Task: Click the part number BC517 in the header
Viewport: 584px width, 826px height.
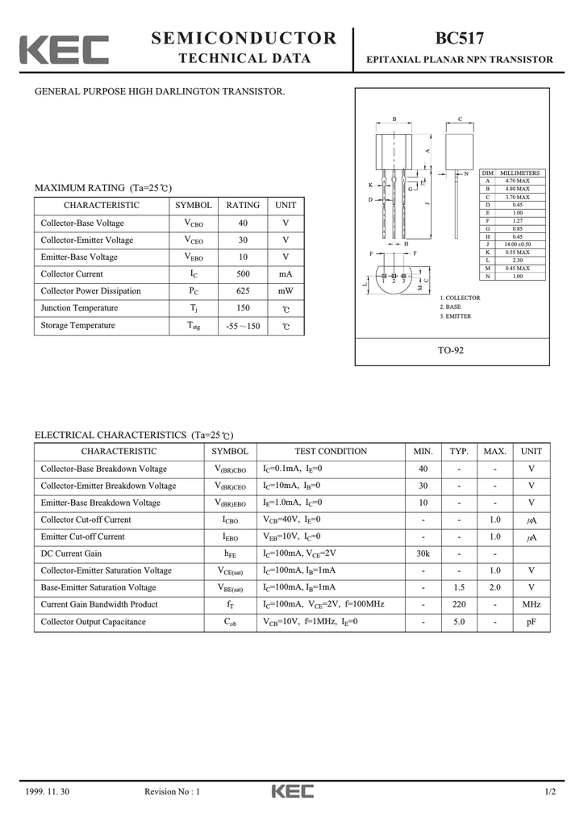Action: pos(460,39)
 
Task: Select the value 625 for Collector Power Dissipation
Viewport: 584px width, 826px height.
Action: pos(243,291)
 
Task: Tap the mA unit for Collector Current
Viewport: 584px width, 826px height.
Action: pos(286,274)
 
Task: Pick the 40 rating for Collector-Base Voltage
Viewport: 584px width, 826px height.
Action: pos(243,223)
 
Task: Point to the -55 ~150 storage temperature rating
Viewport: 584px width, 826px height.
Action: pos(243,326)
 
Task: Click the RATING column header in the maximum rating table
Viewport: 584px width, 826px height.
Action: pos(243,206)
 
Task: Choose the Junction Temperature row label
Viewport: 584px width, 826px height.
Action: pos(79,308)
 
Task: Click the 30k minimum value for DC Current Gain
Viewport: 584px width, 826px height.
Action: pos(423,554)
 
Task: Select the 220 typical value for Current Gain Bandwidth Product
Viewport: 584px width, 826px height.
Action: pos(459,605)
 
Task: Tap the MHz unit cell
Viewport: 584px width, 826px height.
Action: pos(531,605)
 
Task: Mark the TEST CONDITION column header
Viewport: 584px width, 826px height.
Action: pos(331,452)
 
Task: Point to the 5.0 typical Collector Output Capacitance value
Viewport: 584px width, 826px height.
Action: pos(459,622)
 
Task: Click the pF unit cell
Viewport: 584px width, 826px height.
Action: pos(531,622)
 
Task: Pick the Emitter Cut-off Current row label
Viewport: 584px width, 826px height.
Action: pos(83,537)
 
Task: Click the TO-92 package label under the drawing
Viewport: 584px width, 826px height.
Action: pos(452,350)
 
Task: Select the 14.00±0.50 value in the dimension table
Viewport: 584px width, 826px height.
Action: pos(517,244)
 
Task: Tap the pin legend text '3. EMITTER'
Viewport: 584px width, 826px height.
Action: pos(456,316)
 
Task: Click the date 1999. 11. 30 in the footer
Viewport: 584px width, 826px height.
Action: pos(48,791)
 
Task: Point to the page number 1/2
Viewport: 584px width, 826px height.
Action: pos(550,791)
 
